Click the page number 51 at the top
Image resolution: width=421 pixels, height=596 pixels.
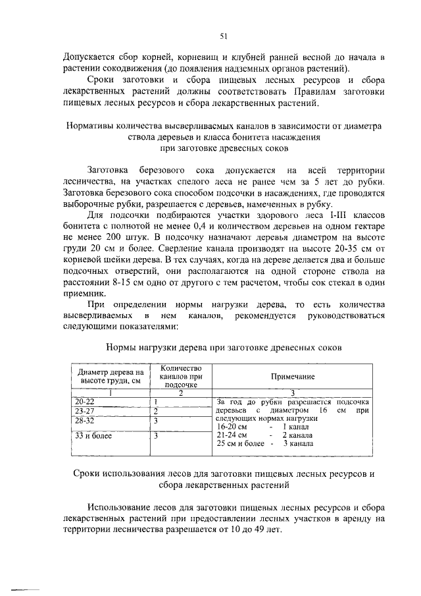pyautogui.click(x=223, y=36)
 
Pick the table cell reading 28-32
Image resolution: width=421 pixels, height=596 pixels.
pyautogui.click(x=85, y=420)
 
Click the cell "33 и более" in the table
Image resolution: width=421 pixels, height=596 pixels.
pyautogui.click(x=93, y=435)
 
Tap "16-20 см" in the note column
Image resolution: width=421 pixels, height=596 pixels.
pyautogui.click(x=232, y=427)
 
